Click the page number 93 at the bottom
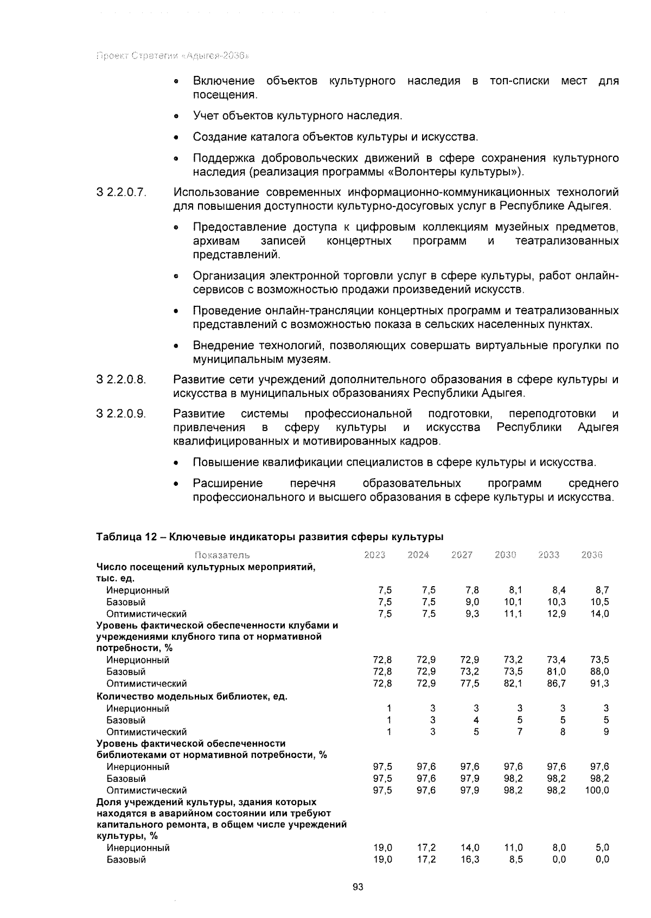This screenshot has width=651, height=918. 358,887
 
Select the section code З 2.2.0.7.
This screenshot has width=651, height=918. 122,192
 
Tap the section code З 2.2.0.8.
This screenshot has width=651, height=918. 122,380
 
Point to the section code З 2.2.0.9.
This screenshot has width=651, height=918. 122,414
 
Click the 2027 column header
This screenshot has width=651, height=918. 462,555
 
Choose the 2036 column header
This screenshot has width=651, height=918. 592,555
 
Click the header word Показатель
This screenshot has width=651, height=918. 222,555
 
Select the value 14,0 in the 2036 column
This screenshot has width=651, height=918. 599,614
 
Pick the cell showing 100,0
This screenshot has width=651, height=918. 597,791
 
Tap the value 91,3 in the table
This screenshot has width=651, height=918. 599,684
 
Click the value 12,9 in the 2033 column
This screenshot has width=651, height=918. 556,614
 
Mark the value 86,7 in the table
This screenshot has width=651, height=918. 556,684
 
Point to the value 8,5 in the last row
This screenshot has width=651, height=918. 515,859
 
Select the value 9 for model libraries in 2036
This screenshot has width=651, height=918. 606,732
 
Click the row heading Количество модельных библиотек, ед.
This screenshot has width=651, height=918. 192,696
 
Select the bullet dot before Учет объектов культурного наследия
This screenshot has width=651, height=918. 176,117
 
